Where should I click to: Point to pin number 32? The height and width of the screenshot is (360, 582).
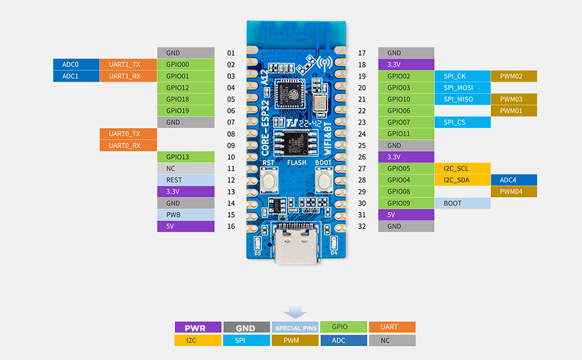(x=362, y=226)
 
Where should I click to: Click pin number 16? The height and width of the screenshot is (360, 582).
(x=231, y=226)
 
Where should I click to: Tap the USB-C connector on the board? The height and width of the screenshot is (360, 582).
(x=296, y=246)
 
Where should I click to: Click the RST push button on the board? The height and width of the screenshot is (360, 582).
(x=269, y=179)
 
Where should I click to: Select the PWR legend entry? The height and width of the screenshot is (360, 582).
(x=197, y=328)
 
